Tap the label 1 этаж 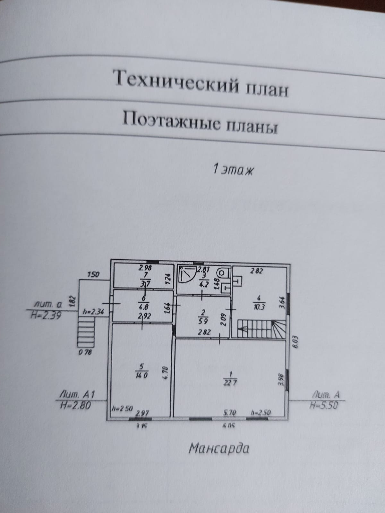(x=233, y=169)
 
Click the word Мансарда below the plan (x=218, y=448)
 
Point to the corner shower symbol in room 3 (x=186, y=275)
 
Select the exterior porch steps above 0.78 (x=86, y=333)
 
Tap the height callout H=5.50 (x=324, y=406)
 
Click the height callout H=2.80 (x=75, y=406)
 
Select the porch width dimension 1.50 (x=93, y=274)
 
